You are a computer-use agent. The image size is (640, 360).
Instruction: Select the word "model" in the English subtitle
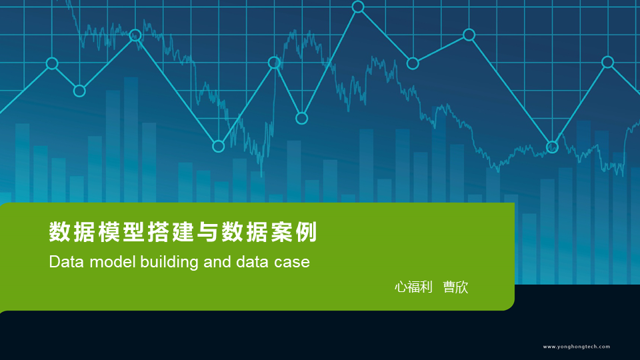coord(112,261)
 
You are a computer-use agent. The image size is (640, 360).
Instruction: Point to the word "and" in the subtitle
coord(217,261)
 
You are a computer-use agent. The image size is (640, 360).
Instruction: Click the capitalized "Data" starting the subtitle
coord(67,261)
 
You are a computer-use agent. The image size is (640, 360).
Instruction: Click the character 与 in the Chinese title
coord(207,232)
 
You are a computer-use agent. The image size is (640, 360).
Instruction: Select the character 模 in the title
coord(109,232)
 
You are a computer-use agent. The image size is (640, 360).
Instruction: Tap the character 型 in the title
coord(133,232)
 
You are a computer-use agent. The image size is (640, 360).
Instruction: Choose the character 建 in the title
coord(183,232)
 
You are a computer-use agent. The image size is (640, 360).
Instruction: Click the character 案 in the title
coord(281,232)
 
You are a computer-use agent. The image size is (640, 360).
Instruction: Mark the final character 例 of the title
coord(306,232)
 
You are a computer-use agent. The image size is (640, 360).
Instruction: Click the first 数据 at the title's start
coord(72,232)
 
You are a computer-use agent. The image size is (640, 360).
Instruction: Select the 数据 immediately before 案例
coord(245,232)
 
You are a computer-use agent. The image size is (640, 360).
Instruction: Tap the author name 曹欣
coord(455,287)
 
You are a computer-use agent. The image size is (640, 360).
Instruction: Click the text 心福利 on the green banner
coord(413,287)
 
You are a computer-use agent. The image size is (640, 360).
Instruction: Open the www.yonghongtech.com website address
coord(576,347)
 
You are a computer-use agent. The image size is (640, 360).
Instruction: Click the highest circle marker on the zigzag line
coord(358,7)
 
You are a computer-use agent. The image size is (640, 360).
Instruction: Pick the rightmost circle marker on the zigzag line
coord(608,62)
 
